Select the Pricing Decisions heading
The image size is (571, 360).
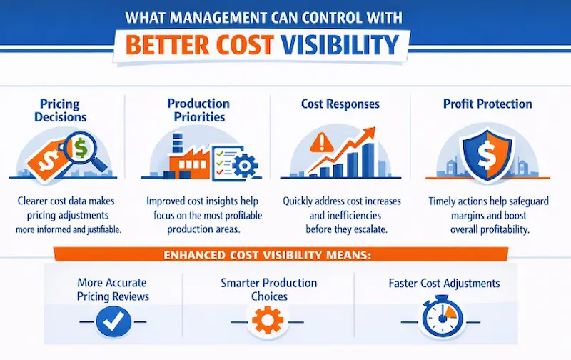[x=60, y=110]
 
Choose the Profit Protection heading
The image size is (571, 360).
[x=487, y=104]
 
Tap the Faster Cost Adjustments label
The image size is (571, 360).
[x=444, y=283]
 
